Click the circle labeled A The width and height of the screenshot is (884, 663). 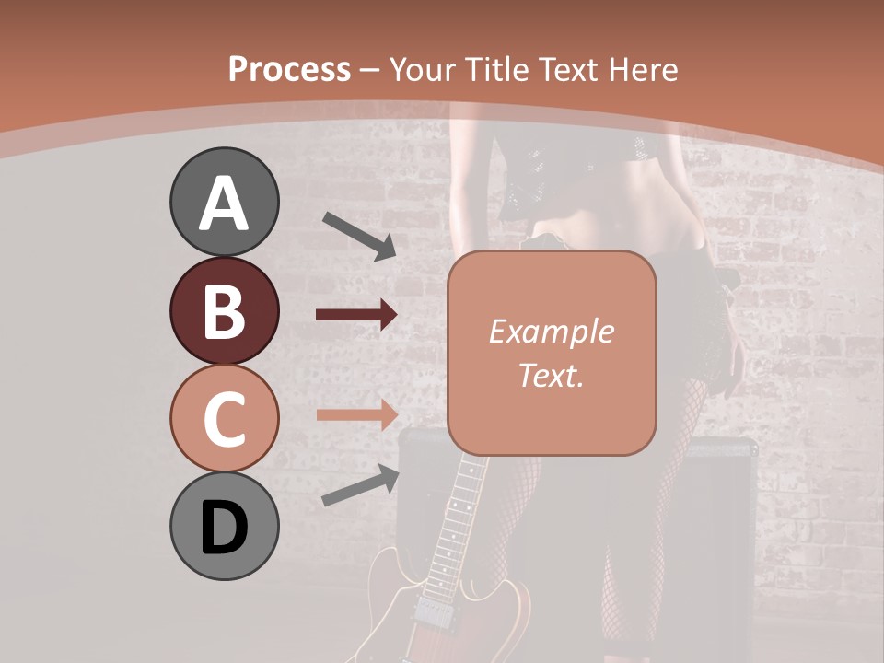click(x=224, y=202)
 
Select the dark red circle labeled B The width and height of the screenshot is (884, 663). click(x=224, y=310)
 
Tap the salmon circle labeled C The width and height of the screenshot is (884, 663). click(x=224, y=418)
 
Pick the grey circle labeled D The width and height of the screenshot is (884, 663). click(x=224, y=526)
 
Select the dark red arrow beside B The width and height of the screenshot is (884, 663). click(x=356, y=315)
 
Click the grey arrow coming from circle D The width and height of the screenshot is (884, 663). click(x=360, y=486)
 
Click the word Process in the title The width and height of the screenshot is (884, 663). click(x=289, y=69)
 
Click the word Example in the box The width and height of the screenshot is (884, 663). click(x=551, y=331)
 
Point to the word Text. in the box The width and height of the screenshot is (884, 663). click(x=551, y=375)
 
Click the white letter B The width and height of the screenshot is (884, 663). click(x=224, y=310)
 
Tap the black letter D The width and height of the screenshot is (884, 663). click(x=224, y=528)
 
